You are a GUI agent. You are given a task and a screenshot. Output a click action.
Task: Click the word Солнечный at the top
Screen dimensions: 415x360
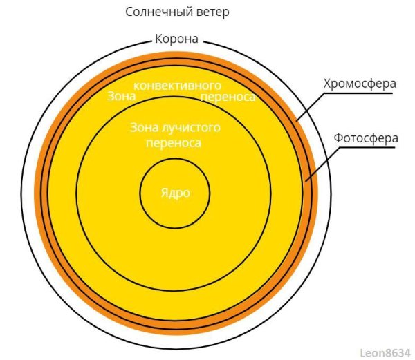pos(159,12)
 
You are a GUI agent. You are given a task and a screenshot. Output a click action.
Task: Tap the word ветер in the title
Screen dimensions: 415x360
pos(213,12)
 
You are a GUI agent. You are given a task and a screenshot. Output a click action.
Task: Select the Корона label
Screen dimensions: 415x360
pos(176,39)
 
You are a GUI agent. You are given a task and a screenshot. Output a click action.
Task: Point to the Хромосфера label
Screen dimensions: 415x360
pos(360,84)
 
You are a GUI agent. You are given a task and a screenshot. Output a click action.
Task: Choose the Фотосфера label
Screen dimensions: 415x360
pos(366,138)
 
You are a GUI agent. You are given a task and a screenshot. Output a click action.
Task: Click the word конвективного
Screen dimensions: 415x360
pos(177,86)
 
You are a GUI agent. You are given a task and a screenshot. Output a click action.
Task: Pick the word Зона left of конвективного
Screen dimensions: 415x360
pos(122,96)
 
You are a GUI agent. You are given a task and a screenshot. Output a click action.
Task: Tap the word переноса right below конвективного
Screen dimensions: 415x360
pos(228,97)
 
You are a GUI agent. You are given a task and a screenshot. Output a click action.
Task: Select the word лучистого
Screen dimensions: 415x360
pos(191,128)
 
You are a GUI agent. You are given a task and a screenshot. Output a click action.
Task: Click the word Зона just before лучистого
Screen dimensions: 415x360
pos(145,127)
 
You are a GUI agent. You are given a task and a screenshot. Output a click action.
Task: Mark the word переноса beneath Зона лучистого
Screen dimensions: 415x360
pos(174,143)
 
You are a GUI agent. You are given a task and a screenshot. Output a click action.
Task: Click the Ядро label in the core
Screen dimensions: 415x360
pos(176,193)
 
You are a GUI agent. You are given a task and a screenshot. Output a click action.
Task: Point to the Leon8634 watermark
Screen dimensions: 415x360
pos(385,353)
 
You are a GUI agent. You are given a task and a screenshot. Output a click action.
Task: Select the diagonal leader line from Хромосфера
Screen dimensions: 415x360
pos(310,107)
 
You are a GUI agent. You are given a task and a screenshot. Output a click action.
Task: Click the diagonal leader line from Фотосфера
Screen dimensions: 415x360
pos(323,164)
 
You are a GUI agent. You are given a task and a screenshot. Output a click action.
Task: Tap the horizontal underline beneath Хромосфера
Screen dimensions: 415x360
pos(358,93)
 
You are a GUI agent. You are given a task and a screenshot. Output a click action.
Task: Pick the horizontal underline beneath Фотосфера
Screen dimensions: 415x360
pos(368,147)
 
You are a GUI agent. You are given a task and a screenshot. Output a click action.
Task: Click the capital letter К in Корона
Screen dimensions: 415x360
pos(158,39)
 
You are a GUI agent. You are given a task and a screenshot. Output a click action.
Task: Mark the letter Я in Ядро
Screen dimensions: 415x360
pos(165,192)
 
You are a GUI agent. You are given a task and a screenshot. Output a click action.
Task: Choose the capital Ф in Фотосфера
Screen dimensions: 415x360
pos(339,138)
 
